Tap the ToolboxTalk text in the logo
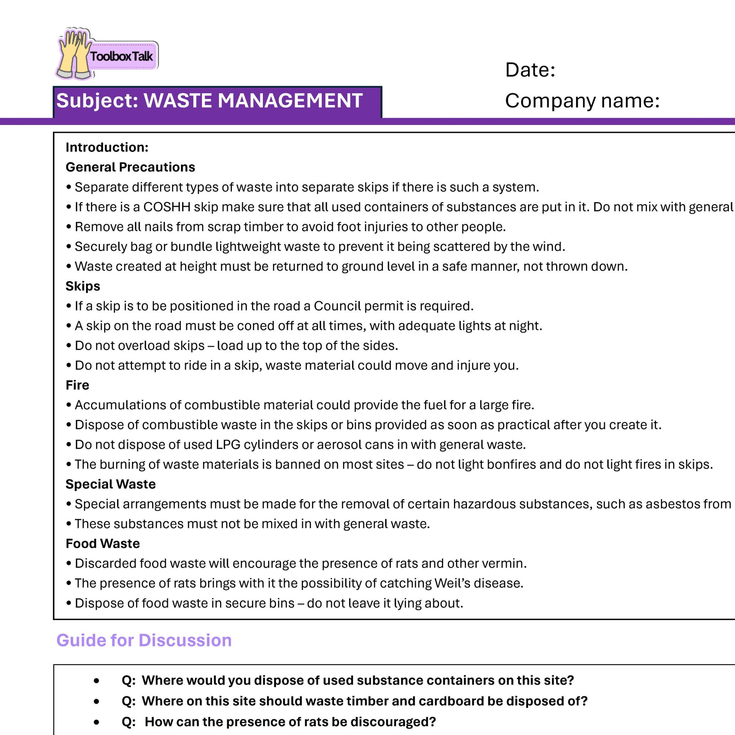(x=121, y=57)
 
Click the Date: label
(x=530, y=70)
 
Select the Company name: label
(x=582, y=101)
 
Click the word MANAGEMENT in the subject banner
(x=290, y=101)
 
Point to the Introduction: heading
(x=107, y=147)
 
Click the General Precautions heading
(x=130, y=167)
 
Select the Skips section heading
(x=82, y=286)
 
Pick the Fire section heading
(x=77, y=385)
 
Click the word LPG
(x=228, y=444)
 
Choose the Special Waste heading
(x=110, y=484)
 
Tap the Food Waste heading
(x=102, y=543)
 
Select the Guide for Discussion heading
(x=144, y=640)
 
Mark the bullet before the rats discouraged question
(x=97, y=722)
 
